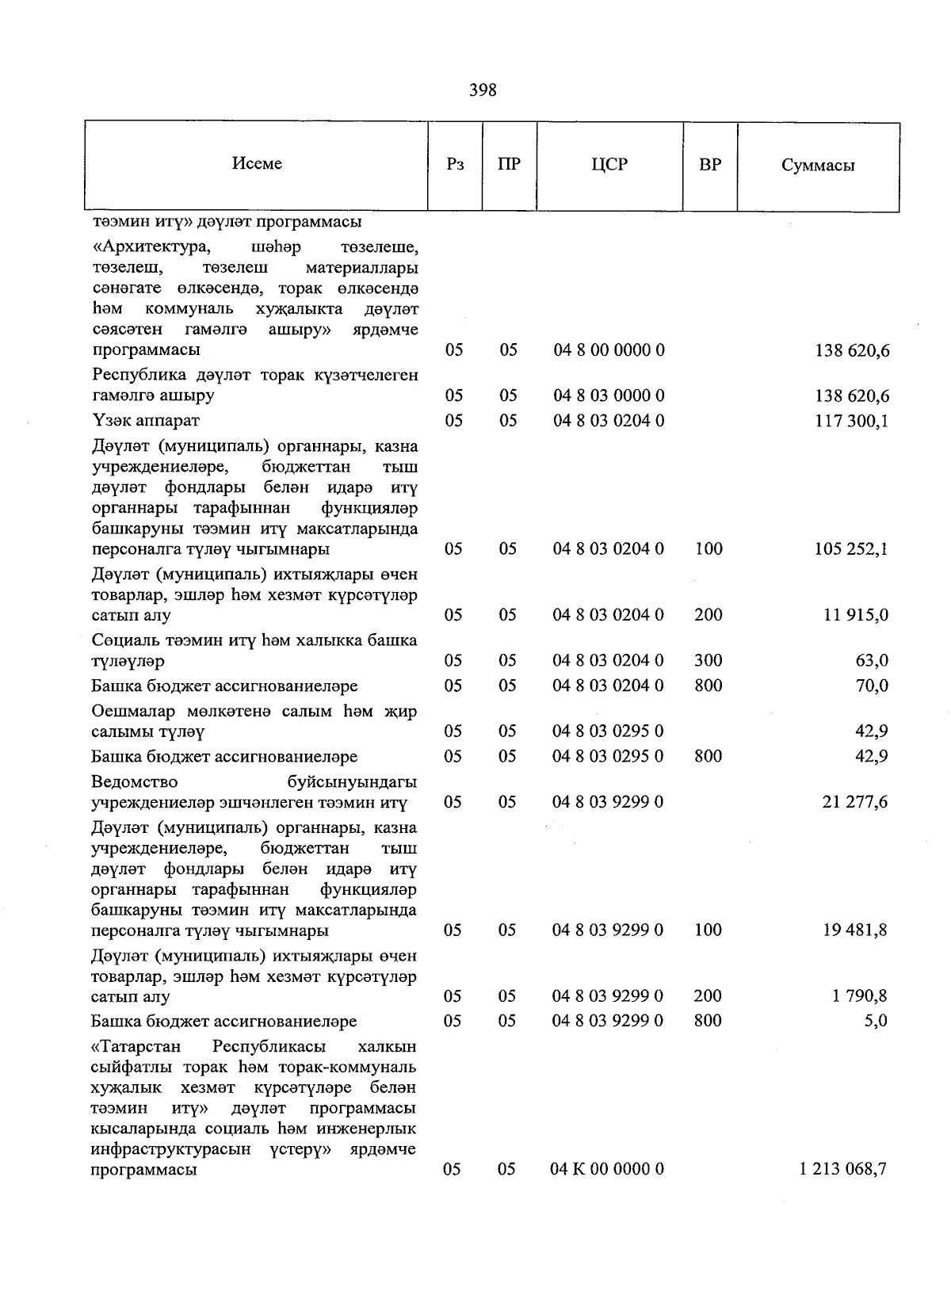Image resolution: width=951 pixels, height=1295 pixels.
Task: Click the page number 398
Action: pos(483,90)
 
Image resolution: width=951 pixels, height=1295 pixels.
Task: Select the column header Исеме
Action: pos(257,163)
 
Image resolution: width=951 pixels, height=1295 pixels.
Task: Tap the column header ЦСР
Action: pos(609,165)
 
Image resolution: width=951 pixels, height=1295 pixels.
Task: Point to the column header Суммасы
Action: pos(818,166)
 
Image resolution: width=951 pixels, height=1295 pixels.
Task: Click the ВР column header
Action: pos(709,165)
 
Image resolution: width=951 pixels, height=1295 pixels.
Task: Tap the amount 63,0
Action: pos(872,660)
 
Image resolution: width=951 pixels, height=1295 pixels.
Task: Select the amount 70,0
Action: pos(872,686)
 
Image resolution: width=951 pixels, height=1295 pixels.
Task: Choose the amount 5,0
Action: pos(876,1021)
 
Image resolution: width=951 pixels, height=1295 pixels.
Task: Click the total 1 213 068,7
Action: pos(843,1169)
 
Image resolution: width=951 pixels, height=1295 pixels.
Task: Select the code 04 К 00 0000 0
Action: pos(607,1169)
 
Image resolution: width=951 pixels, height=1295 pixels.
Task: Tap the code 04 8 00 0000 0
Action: pos(608,350)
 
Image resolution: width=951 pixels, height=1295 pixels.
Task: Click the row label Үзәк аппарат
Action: pos(146,420)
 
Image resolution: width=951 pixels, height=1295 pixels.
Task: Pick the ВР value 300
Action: pos(708,660)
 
